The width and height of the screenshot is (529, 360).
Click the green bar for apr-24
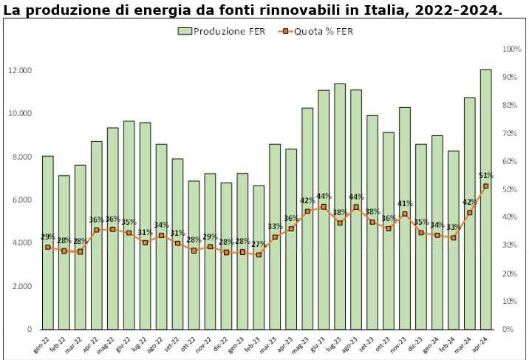(x=485, y=200)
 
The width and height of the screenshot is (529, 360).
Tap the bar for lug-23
(x=340, y=206)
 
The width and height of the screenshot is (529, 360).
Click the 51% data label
(x=486, y=175)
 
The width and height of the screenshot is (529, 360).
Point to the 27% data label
(x=259, y=244)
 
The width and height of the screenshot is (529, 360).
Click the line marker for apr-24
(x=485, y=186)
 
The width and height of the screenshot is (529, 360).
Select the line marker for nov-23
(x=404, y=214)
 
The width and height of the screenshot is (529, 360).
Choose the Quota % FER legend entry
(x=310, y=31)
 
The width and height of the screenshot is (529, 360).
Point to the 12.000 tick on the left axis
(x=20, y=71)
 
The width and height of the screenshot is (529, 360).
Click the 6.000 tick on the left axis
(x=23, y=200)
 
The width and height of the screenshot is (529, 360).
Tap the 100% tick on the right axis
(x=512, y=50)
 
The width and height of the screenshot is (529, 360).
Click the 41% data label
(x=405, y=203)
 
